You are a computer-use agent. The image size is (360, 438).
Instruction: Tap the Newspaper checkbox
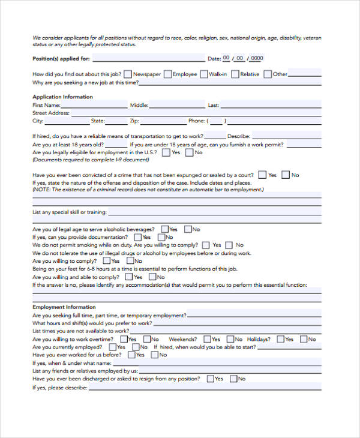tap(128, 74)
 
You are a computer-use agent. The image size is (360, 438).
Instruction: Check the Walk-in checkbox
tap(204, 74)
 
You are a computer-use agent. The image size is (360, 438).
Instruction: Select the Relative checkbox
tap(236, 74)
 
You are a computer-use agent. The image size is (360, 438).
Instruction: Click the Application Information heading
tap(62, 97)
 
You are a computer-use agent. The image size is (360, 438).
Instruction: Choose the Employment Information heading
tap(64, 307)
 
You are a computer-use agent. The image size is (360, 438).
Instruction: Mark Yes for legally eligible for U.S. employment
tap(166, 152)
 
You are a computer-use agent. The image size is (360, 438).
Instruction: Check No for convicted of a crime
tap(286, 175)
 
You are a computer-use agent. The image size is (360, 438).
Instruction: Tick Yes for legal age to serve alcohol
tap(164, 229)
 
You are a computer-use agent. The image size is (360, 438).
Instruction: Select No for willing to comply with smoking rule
tap(230, 245)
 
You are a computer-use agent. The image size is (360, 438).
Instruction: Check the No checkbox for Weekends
tap(230, 339)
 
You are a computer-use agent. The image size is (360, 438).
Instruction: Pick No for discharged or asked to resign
tap(233, 379)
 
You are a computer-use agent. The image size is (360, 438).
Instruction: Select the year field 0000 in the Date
tap(257, 58)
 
